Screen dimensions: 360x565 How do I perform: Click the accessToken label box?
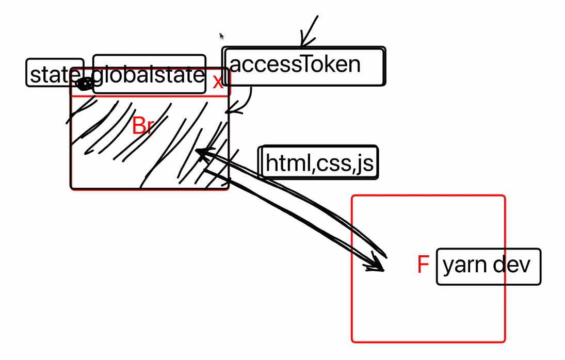tap(304, 67)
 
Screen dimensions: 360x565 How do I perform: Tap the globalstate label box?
tap(149, 75)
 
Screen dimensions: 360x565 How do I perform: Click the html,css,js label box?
tap(319, 163)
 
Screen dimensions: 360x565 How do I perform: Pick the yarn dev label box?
tap(488, 266)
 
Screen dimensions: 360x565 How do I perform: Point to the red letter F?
tap(423, 265)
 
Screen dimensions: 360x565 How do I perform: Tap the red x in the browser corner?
tap(218, 81)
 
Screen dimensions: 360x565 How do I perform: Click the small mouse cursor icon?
tap(222, 36)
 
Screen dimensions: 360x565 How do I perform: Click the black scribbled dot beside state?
tap(84, 83)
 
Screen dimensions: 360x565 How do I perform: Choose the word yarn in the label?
tap(464, 266)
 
